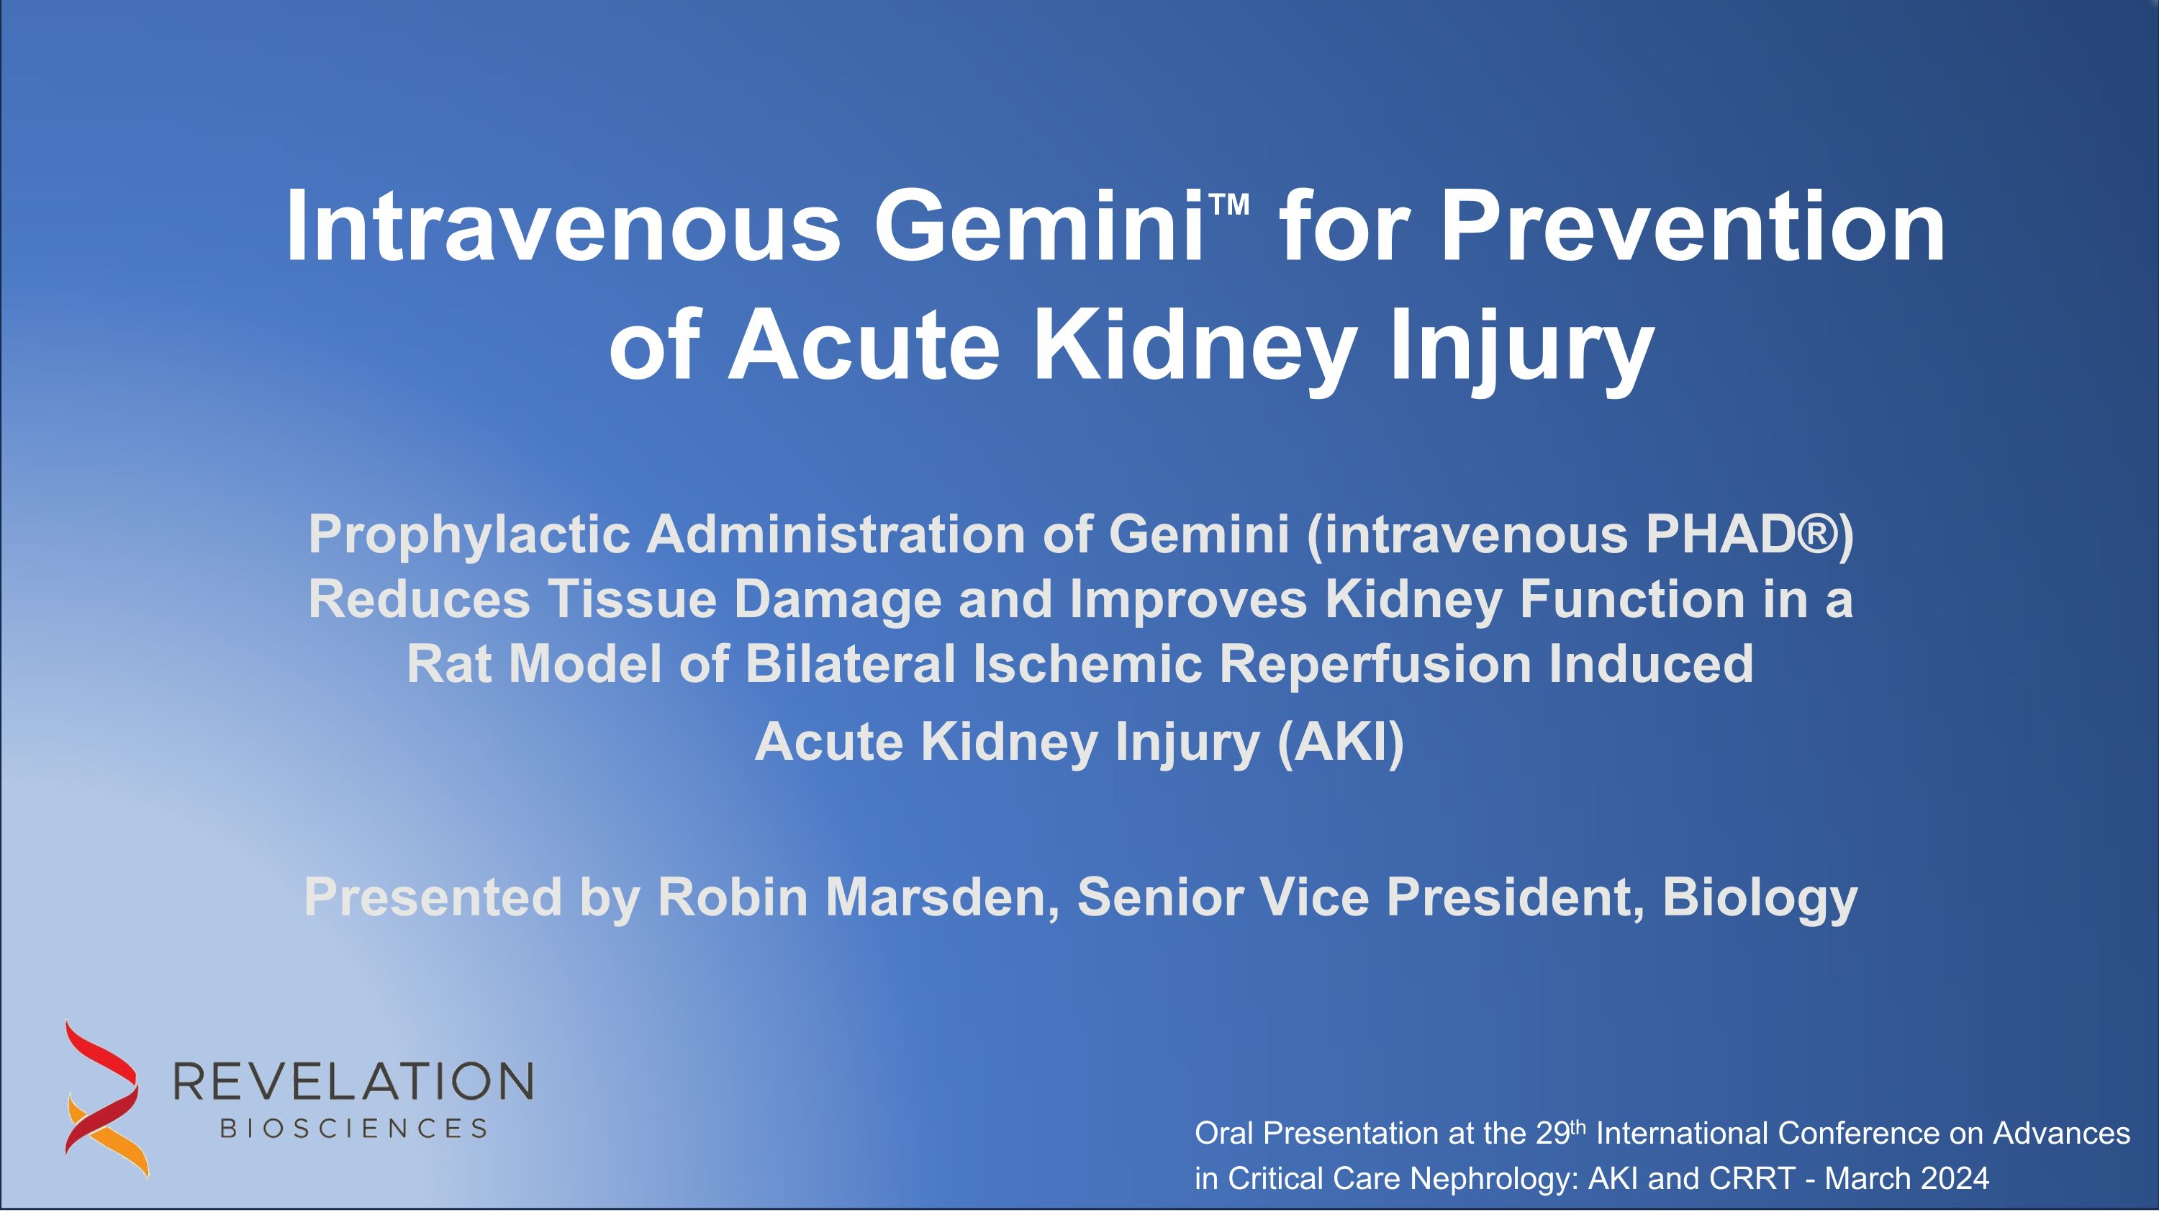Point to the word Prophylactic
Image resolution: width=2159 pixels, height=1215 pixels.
pos(469,535)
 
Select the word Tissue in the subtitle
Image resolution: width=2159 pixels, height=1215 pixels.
pos(632,599)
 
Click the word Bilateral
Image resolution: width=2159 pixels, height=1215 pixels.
pos(851,663)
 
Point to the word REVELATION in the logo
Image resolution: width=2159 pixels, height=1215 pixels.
pos(353,1081)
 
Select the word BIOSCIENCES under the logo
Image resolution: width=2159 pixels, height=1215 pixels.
pos(353,1129)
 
